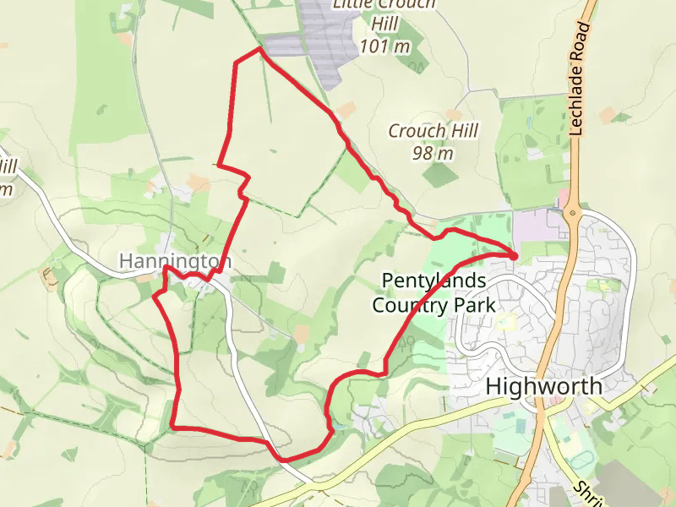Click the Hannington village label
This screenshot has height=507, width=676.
click(x=175, y=261)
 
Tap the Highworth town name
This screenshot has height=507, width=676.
click(x=545, y=387)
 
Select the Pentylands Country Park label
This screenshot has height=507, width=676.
click(x=433, y=292)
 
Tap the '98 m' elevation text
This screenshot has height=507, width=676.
click(x=433, y=153)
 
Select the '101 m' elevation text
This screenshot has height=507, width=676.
click(x=384, y=46)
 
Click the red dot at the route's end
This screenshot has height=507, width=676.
click(x=515, y=255)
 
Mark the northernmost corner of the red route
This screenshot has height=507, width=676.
click(x=259, y=50)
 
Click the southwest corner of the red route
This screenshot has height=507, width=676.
click(x=173, y=428)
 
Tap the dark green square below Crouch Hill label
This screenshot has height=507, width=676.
click(x=440, y=175)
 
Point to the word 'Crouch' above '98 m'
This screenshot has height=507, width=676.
click(x=416, y=131)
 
